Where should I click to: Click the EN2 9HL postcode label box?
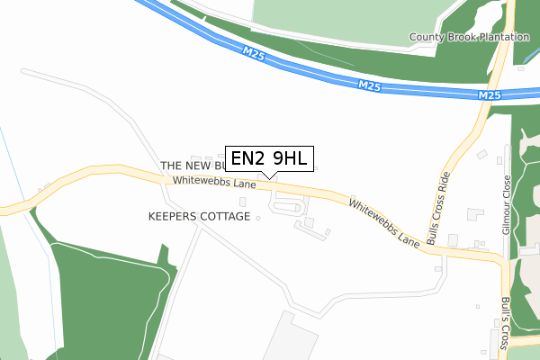[270, 159]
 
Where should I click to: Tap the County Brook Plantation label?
[469, 37]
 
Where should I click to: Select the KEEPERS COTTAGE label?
[199, 217]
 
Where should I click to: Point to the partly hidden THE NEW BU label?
[192, 166]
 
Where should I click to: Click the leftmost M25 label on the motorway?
[253, 55]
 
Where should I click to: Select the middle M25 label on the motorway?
[370, 85]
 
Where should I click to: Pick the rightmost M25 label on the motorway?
[489, 95]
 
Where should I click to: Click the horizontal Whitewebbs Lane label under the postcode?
[214, 181]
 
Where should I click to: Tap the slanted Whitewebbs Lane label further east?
[384, 223]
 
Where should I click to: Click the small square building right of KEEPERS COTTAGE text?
[258, 218]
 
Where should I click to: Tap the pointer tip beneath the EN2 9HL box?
[270, 177]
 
